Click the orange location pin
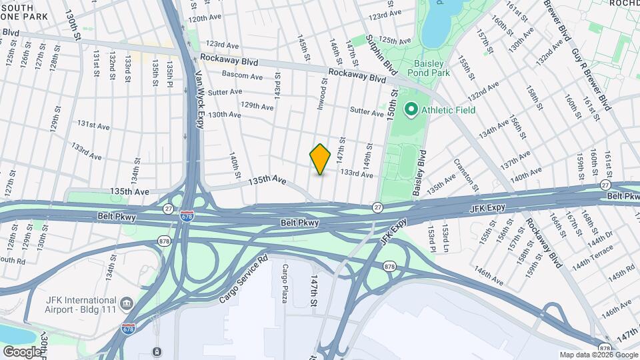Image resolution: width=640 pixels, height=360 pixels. [321, 159]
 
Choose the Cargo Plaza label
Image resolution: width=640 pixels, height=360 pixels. [285, 283]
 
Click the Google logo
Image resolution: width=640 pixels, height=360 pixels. [21, 351]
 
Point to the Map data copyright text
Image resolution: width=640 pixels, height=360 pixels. [597, 355]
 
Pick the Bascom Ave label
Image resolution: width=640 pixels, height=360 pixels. [242, 76]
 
